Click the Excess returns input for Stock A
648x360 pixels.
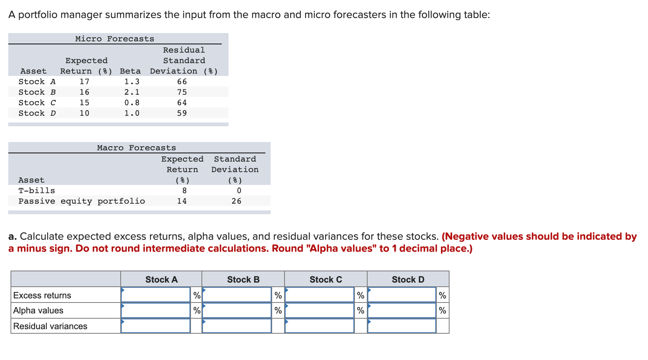point(156,295)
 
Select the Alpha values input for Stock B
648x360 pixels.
point(237,310)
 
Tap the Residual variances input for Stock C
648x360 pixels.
point(319,326)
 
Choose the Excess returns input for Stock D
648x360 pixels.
point(402,295)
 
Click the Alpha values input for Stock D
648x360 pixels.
point(402,310)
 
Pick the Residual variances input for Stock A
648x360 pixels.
point(156,326)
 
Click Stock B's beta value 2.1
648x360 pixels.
point(132,92)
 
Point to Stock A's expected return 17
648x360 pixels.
point(85,82)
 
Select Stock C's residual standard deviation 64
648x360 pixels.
point(182,103)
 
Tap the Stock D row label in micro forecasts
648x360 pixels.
point(37,113)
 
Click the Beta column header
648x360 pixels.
point(130,71)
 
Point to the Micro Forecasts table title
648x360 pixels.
point(115,39)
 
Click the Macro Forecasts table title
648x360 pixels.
point(136,148)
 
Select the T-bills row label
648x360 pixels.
point(37,191)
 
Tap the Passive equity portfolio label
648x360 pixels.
point(82,201)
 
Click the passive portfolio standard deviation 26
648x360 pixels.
point(236,201)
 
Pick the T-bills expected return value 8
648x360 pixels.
point(184,191)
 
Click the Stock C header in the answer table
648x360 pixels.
point(326,280)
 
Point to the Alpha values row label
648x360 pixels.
point(38,310)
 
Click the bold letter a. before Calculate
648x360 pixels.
point(12,236)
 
